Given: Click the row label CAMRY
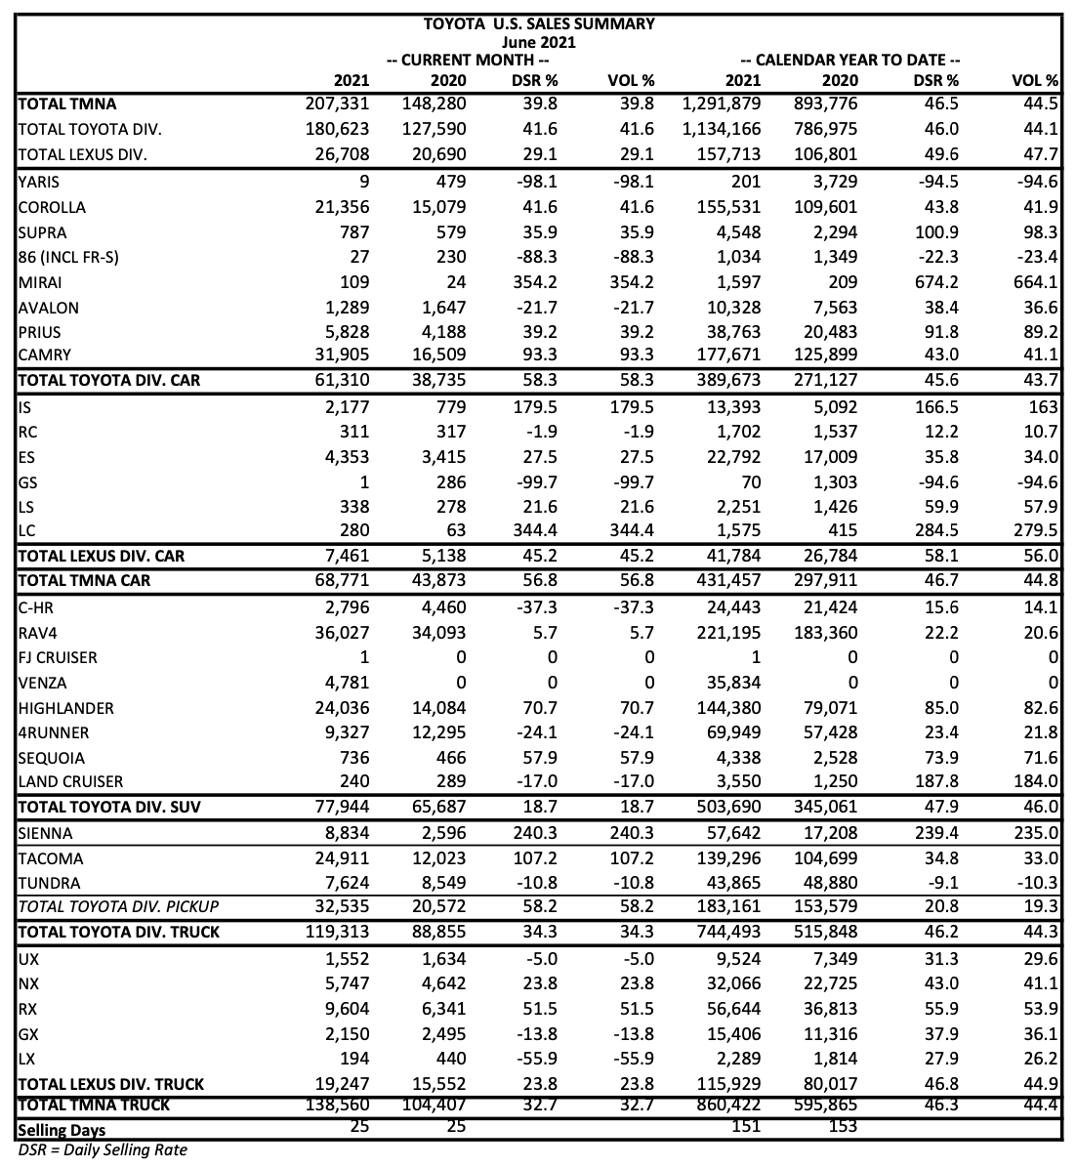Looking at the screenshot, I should pyautogui.click(x=45, y=355).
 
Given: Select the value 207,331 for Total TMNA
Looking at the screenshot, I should pyautogui.click(x=338, y=104).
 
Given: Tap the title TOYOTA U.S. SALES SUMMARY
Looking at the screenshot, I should pyautogui.click(x=538, y=23).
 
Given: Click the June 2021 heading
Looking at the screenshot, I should pyautogui.click(x=538, y=42).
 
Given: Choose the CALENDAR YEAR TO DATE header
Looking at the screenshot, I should pyautogui.click(x=850, y=61).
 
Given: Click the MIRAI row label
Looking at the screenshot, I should pyautogui.click(x=41, y=283).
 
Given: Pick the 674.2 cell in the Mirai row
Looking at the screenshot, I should pyautogui.click(x=935, y=283).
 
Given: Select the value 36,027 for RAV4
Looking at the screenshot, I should pyautogui.click(x=338, y=633).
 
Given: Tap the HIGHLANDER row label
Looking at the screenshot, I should pyautogui.click(x=65, y=709).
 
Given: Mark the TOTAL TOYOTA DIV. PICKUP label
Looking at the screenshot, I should pyautogui.click(x=118, y=907).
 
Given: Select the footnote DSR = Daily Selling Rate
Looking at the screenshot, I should pyautogui.click(x=103, y=1150).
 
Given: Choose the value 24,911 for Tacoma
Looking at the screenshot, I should pyautogui.click(x=338, y=859).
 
